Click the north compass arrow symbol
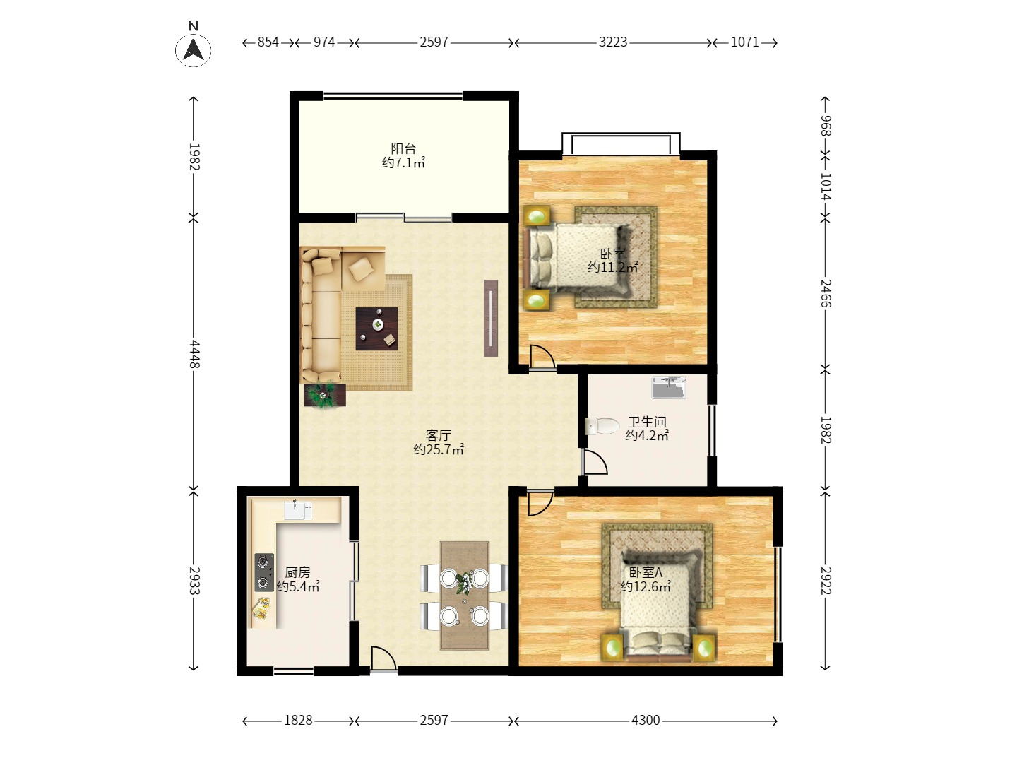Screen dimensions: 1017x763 coord(194,49)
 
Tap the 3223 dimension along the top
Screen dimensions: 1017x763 coord(612,42)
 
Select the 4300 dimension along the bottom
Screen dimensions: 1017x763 coord(646,721)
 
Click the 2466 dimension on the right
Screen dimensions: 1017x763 coord(826,293)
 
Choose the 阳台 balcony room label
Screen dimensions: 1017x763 coord(403,148)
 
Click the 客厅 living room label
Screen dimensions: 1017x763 coord(439,435)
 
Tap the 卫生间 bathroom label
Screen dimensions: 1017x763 coord(647,422)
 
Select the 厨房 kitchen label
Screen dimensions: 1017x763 coord(297,572)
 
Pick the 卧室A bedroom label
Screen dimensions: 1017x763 coord(646,572)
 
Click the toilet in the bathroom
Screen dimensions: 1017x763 coord(602,426)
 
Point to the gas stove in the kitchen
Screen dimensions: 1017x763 coord(264,572)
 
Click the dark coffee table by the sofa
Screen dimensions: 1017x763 coord(376,329)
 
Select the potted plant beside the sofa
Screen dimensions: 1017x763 coord(324,395)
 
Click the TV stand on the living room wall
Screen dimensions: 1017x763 coord(491,318)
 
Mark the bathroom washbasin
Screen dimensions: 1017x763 coord(669,387)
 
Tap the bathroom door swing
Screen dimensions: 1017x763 coord(594,461)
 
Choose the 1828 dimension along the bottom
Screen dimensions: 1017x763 coord(298,721)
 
